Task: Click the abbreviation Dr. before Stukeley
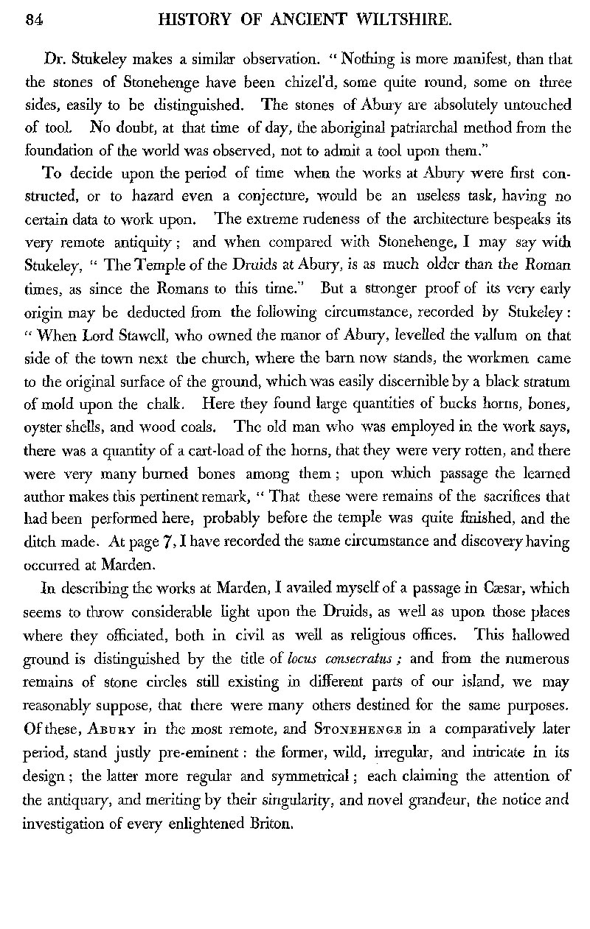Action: (55, 59)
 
